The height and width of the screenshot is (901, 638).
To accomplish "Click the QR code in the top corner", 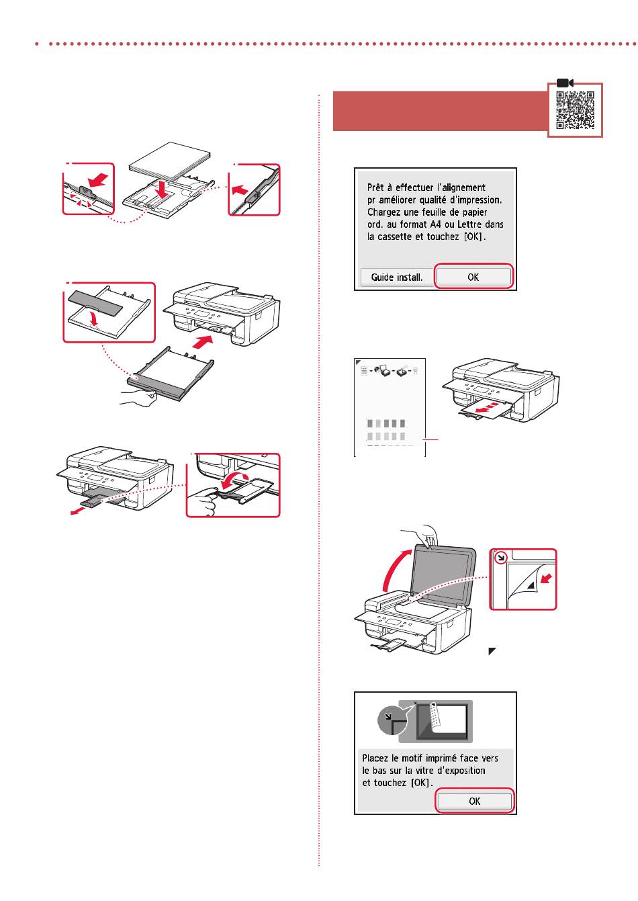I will point(576,110).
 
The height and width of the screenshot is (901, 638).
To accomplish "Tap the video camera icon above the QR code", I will point(565,82).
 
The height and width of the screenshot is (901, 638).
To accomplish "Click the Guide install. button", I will point(396,277).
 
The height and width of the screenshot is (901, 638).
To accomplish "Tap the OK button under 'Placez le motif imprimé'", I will point(474,801).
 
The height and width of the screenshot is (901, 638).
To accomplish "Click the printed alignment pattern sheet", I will point(390,407).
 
